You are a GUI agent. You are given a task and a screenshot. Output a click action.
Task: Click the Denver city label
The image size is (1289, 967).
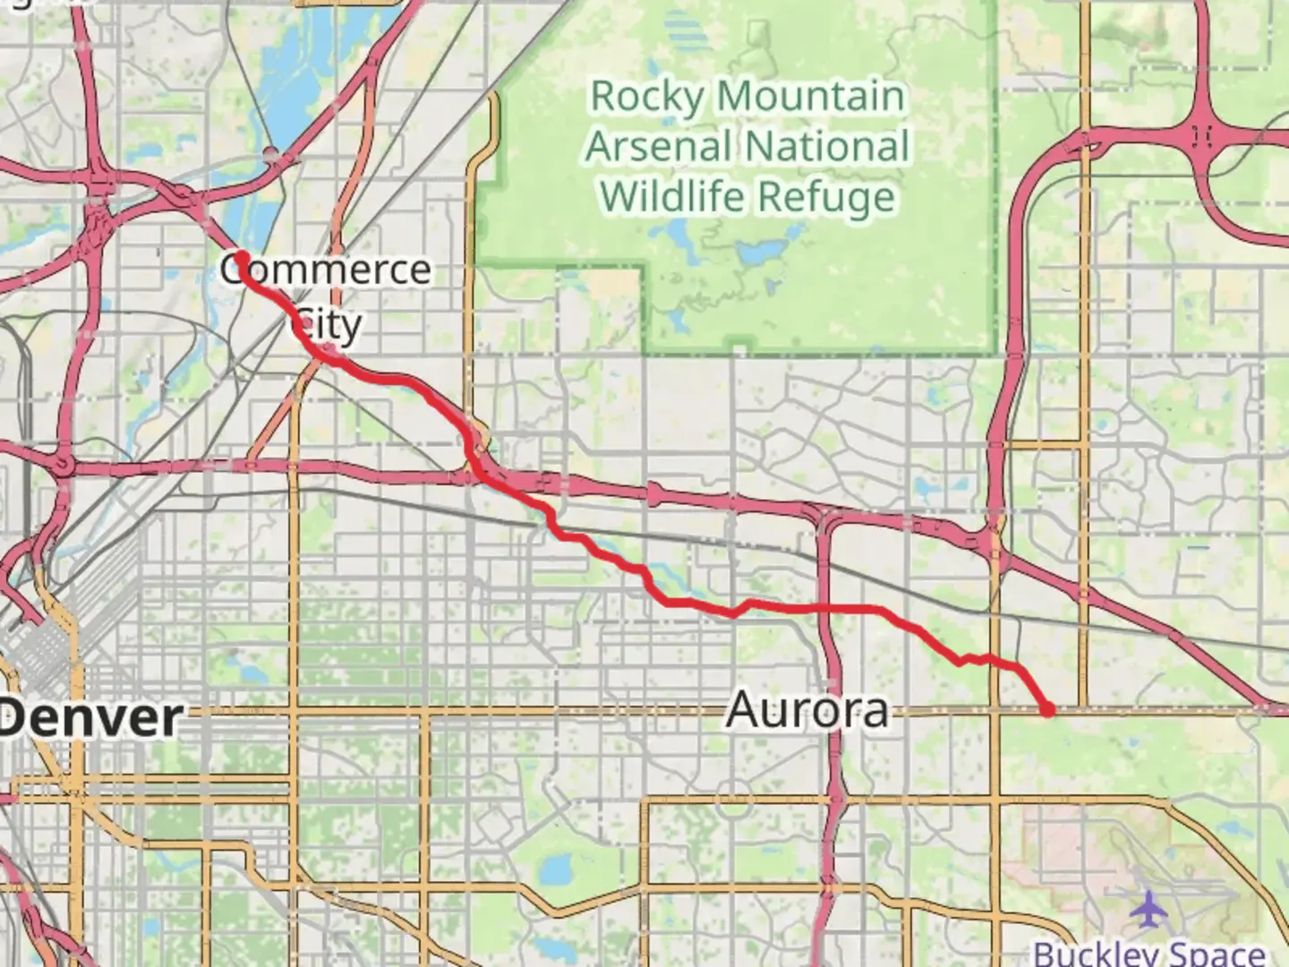92,718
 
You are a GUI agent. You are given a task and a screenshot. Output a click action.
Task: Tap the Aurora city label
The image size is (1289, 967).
807,711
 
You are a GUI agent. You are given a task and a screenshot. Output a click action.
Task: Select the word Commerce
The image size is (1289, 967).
326,270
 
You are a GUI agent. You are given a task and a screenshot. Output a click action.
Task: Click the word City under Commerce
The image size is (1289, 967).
328,325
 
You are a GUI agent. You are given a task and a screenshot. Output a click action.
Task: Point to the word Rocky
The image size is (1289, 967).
646,97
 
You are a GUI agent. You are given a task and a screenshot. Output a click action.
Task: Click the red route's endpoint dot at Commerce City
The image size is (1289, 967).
241,257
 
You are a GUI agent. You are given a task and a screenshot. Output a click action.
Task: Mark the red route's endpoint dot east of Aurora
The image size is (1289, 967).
1048,710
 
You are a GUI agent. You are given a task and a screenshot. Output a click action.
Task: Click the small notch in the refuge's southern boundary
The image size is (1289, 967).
739,344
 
